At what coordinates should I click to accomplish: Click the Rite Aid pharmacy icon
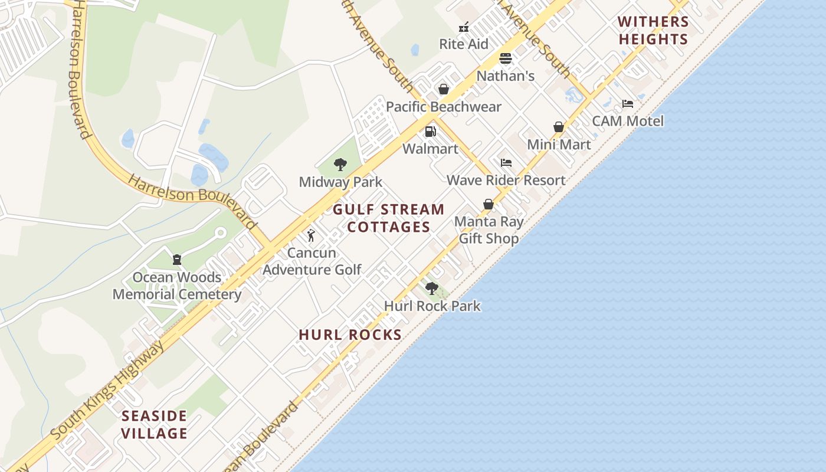click(x=464, y=27)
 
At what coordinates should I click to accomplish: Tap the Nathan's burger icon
click(x=506, y=58)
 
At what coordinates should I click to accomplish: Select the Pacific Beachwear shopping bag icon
click(x=443, y=89)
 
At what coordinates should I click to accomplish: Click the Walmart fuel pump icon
click(x=431, y=131)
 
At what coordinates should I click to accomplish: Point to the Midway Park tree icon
click(x=340, y=165)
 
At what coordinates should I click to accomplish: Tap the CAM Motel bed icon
click(x=628, y=104)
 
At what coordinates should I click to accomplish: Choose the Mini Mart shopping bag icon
click(x=559, y=127)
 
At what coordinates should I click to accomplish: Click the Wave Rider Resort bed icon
click(x=506, y=163)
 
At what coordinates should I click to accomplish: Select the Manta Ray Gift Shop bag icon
click(x=489, y=204)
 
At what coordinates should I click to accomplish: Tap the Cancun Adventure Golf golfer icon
click(x=312, y=235)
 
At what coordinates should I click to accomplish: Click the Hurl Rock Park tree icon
click(x=432, y=289)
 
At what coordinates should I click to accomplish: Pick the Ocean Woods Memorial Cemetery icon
click(x=176, y=260)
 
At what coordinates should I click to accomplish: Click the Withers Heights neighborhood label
click(x=653, y=31)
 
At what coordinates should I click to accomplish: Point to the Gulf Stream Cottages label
click(x=389, y=218)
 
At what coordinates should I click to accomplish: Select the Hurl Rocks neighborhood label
click(x=350, y=335)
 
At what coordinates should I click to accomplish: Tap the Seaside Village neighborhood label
click(x=155, y=425)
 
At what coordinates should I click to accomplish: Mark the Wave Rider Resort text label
click(x=506, y=180)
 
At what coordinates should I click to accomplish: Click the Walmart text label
click(x=430, y=149)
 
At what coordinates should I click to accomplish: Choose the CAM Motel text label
click(x=628, y=121)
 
